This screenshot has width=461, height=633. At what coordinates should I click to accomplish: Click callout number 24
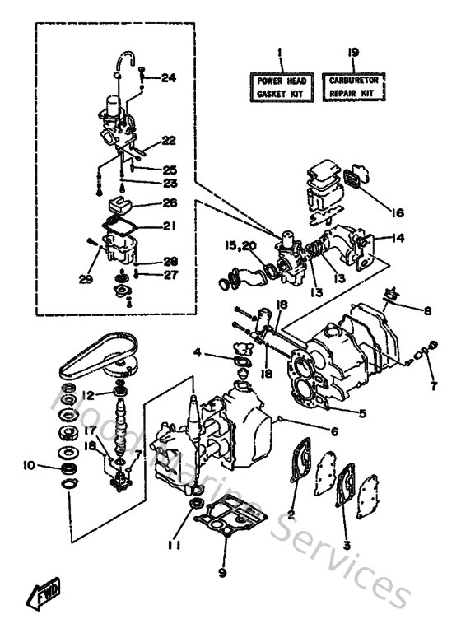click(168, 78)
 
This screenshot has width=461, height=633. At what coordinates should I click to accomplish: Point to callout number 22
click(168, 140)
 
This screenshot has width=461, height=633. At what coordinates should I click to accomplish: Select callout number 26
click(169, 202)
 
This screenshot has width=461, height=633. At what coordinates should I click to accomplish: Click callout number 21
click(169, 226)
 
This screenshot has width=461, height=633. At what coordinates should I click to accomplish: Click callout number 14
click(399, 239)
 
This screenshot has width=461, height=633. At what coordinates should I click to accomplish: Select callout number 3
click(346, 544)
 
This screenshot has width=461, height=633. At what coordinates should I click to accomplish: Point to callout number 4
click(198, 354)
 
